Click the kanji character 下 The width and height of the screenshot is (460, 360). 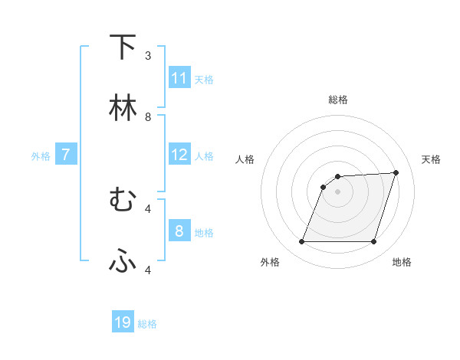tap(123, 47)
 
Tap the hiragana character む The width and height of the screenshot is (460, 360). tap(123, 200)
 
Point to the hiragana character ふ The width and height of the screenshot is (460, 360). tap(123, 261)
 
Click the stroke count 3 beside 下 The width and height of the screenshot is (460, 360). tap(148, 56)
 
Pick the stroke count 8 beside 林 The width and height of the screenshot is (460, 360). tap(148, 117)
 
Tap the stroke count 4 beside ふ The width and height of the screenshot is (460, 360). tap(148, 270)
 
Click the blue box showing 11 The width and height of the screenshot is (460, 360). tap(179, 78)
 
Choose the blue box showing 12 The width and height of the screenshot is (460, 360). tap(179, 155)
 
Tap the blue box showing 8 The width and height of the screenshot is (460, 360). tap(179, 231)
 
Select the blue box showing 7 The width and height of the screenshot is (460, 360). tap(66, 155)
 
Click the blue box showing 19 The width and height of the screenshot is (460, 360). tap(123, 322)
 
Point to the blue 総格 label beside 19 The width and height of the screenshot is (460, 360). tap(148, 324)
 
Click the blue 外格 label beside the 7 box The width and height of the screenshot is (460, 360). tap(41, 156)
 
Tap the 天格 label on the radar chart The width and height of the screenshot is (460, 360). tap(432, 159)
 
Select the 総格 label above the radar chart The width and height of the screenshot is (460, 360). tap(338, 100)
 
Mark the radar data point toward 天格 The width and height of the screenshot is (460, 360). tap(396, 172)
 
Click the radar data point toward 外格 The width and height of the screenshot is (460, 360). tap(301, 242)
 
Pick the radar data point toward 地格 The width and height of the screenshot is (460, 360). tap(374, 242)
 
